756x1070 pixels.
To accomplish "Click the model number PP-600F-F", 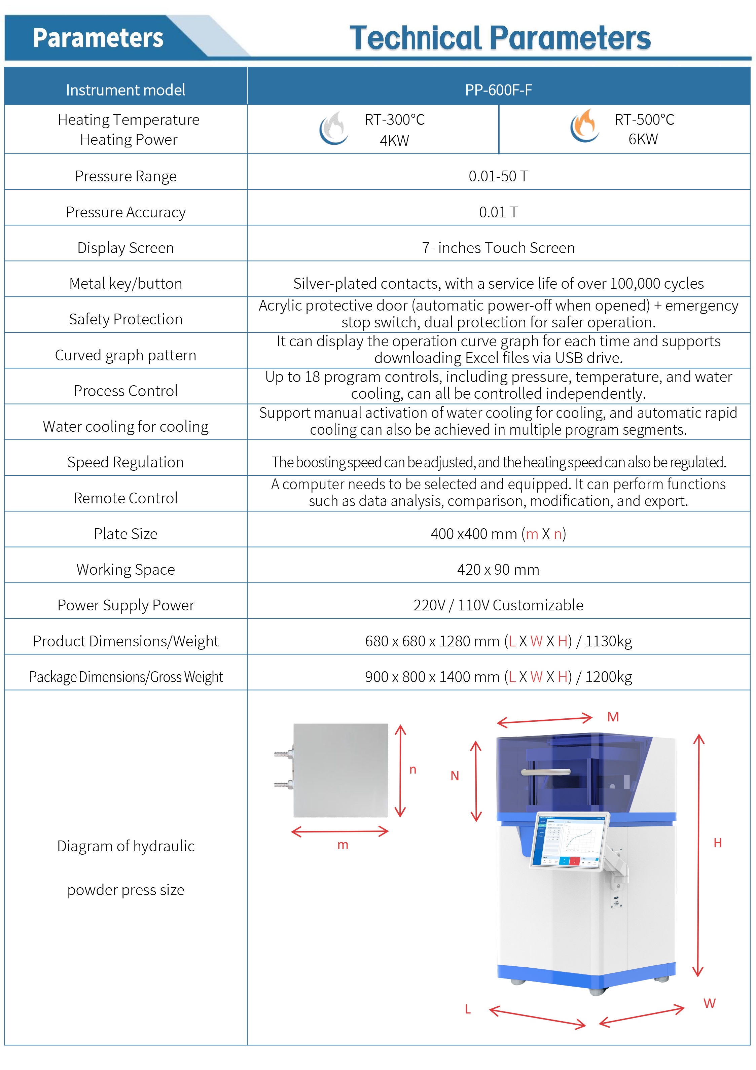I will tap(498, 90).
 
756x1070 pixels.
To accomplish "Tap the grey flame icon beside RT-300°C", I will tap(334, 128).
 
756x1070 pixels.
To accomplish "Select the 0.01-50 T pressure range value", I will tap(498, 176).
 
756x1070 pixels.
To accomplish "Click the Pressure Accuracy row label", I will tap(125, 212).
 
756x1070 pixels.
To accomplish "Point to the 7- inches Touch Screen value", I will tap(498, 247).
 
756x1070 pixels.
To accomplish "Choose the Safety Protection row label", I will tap(125, 319).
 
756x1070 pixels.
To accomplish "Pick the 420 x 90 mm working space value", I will tap(498, 569).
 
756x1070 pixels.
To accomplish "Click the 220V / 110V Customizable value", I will tap(498, 605).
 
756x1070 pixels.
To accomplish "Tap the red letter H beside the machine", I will tap(717, 843).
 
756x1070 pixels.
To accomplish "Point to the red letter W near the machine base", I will tap(709, 1003).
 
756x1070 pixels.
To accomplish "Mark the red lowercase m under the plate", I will tap(343, 845).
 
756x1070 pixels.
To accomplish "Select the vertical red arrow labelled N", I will tap(476, 781).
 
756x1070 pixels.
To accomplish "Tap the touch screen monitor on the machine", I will tap(570, 841).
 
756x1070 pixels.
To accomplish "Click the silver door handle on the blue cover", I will tap(546, 772).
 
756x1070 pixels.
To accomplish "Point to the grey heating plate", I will tap(341, 770).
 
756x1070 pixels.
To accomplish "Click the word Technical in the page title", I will tap(415, 38).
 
